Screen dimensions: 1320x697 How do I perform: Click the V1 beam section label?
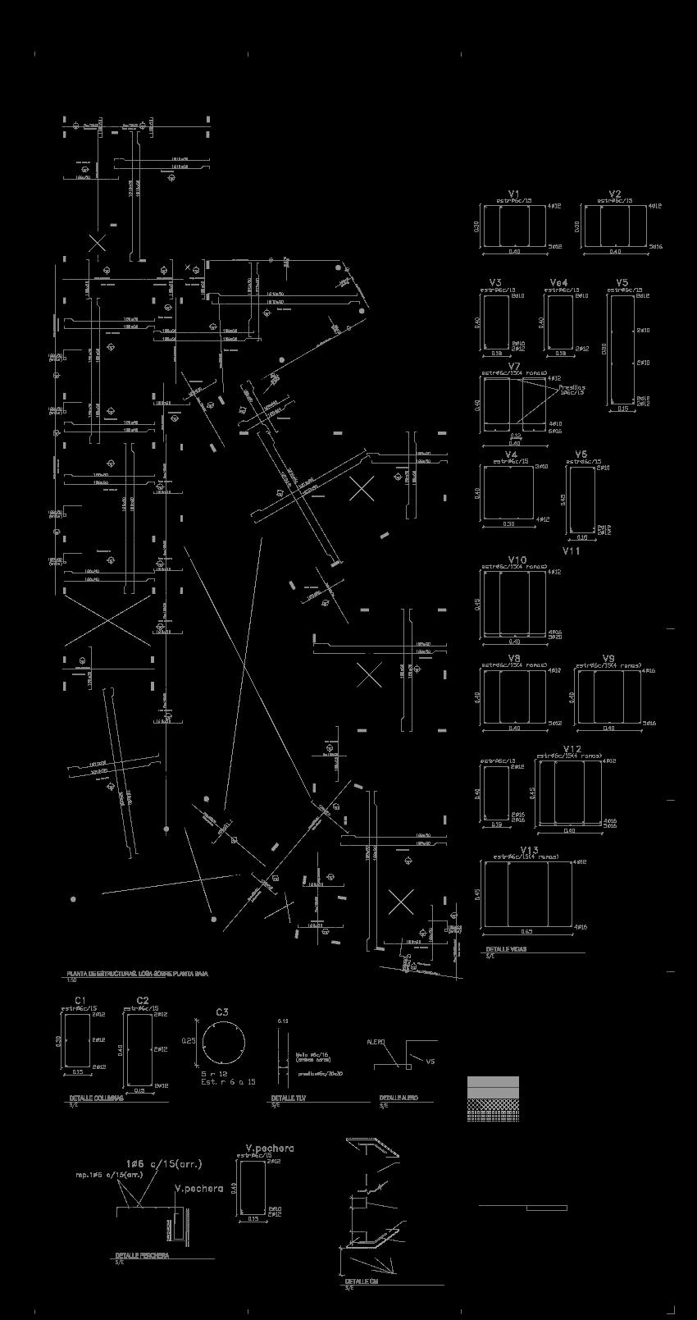click(x=514, y=194)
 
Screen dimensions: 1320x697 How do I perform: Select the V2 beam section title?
click(x=615, y=194)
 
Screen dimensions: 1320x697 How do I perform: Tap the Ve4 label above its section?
click(x=558, y=283)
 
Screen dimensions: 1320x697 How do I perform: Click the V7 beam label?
click(x=514, y=366)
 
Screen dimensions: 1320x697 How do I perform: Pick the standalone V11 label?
click(x=571, y=551)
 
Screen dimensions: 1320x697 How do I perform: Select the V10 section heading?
click(x=517, y=560)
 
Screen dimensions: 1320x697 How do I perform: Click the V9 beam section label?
click(x=608, y=658)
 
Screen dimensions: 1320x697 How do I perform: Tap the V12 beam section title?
click(x=572, y=749)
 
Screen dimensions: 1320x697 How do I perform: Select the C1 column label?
click(x=80, y=999)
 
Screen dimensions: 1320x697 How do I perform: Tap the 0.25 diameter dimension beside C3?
click(x=189, y=1040)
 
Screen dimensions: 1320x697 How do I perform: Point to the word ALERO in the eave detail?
click(x=376, y=1041)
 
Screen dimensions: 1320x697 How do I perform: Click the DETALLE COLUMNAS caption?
click(x=96, y=1098)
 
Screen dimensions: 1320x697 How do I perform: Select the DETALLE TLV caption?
click(x=289, y=1098)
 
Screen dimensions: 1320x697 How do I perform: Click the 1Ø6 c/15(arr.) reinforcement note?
click(x=163, y=1163)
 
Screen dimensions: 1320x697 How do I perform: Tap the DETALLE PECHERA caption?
click(x=142, y=1255)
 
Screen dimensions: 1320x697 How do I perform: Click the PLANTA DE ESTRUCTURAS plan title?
click(x=137, y=974)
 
